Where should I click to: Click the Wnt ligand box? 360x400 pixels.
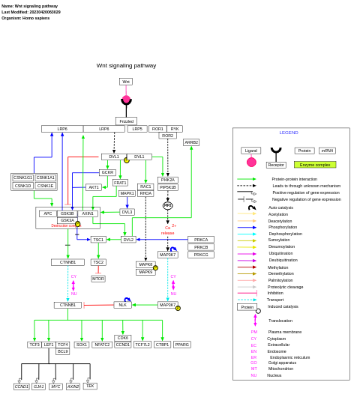[x=126, y=82]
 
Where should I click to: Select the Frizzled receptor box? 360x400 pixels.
[x=126, y=121]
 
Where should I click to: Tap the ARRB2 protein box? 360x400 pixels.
[x=191, y=142]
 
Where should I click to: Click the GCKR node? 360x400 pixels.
[x=107, y=172]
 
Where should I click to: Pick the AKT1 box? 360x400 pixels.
[x=94, y=187]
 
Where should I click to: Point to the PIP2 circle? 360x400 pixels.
[x=167, y=205]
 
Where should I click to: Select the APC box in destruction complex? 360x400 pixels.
[x=48, y=213]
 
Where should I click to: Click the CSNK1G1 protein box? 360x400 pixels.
[x=22, y=178]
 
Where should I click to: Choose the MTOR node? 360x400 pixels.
[x=98, y=279]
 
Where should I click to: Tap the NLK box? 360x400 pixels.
[x=122, y=305]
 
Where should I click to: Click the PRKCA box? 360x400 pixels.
[x=201, y=240]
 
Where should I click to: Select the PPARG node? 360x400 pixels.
[x=182, y=345]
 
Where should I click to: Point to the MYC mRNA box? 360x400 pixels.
[x=56, y=387]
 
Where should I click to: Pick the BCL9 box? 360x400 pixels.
[x=62, y=351]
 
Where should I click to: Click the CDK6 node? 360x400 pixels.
[x=123, y=338]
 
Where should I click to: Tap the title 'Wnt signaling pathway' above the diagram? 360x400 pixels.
[x=126, y=65]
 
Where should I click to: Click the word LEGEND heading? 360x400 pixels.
[x=289, y=133]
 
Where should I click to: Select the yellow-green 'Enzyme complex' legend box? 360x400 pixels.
[x=315, y=165]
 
